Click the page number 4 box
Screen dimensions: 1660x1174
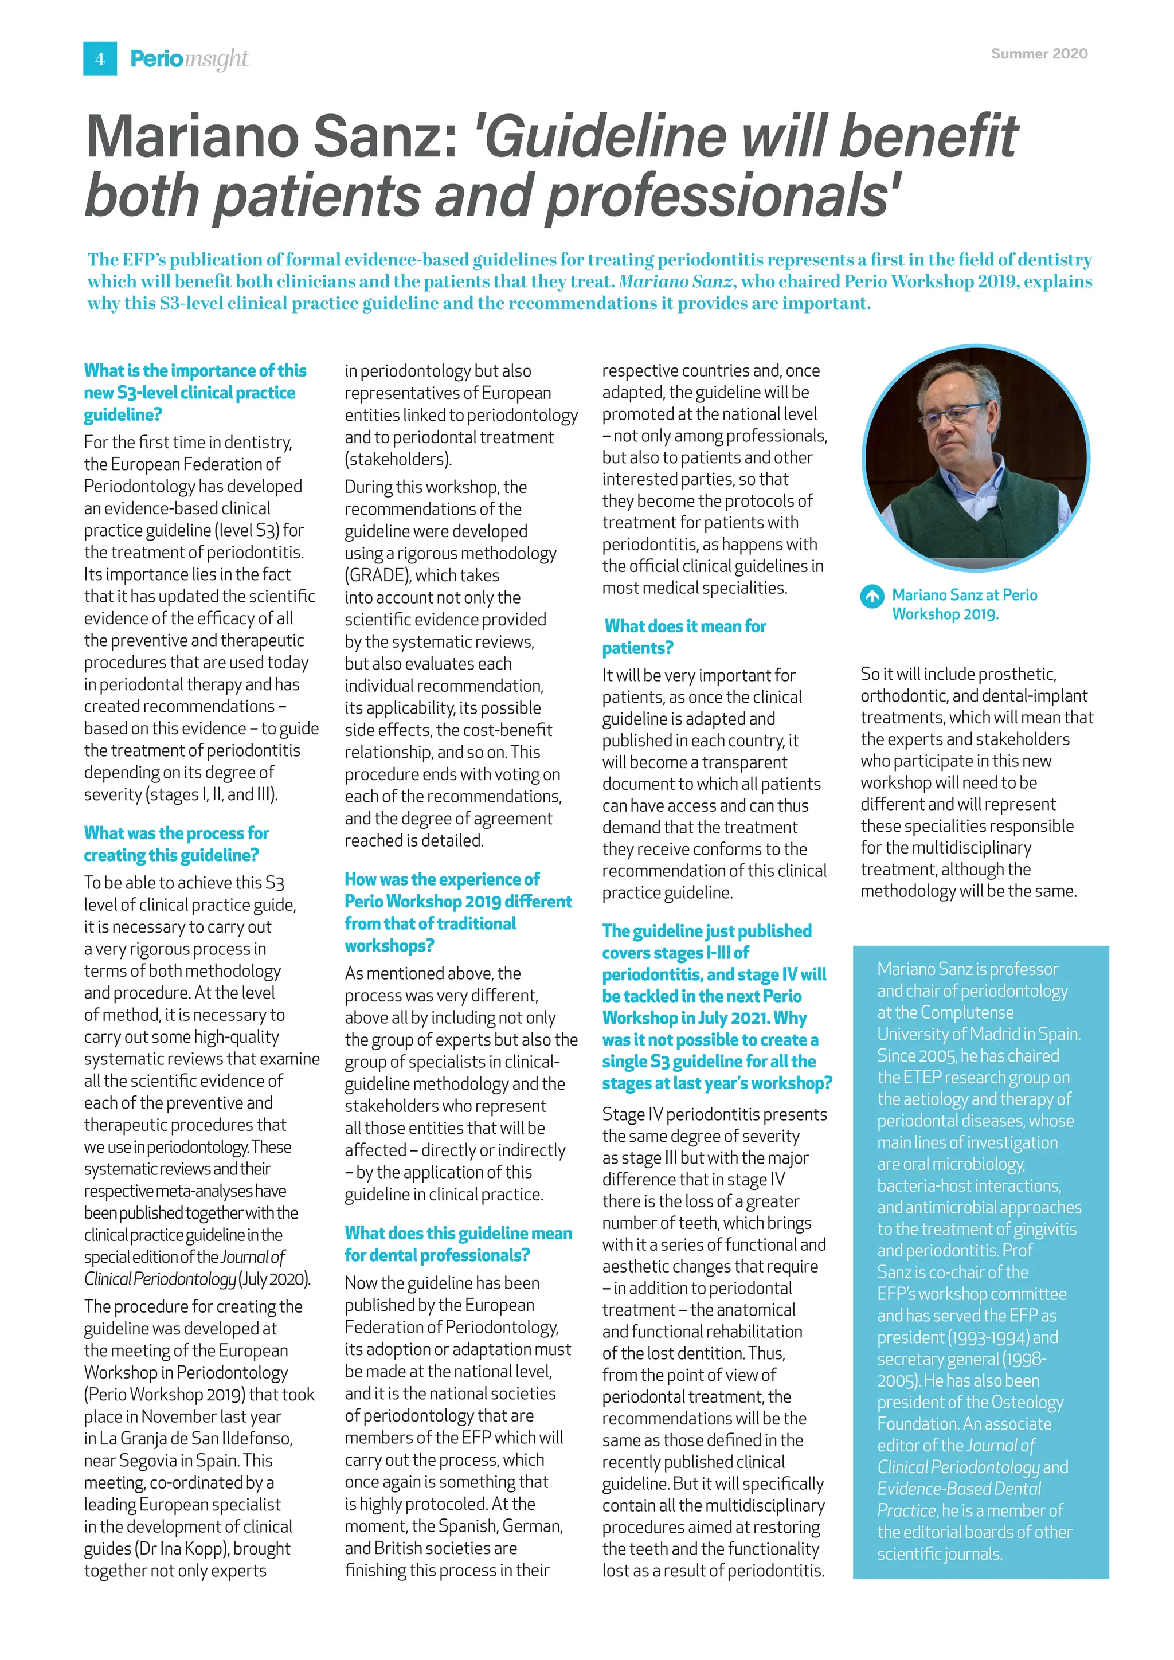click(100, 58)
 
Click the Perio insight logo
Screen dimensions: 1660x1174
click(189, 58)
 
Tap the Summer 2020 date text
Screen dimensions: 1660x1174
click(1039, 53)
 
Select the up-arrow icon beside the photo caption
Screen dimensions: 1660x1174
click(872, 597)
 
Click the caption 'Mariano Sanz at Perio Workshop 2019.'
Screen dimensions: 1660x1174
click(964, 604)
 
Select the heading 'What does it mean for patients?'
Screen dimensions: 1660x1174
click(684, 636)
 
